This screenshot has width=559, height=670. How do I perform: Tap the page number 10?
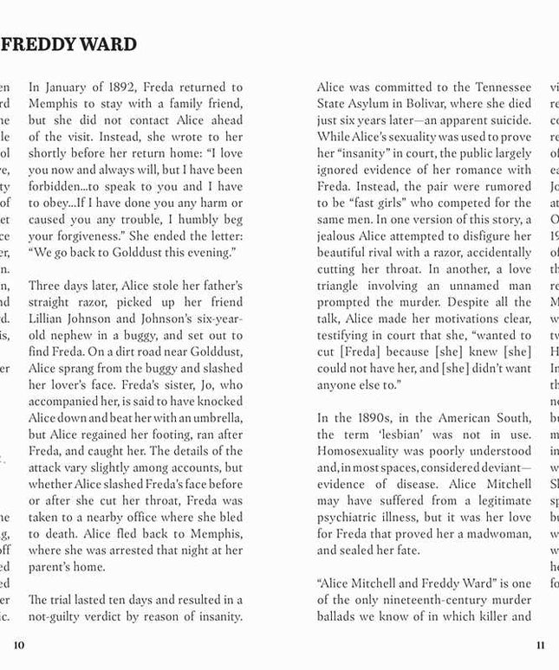[19, 645]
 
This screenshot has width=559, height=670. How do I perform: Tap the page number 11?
[541, 645]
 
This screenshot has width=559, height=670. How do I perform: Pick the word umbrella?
[214, 418]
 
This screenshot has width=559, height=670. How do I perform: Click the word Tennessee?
[503, 87]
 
